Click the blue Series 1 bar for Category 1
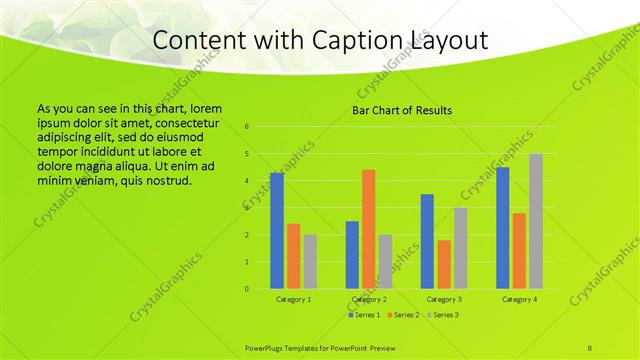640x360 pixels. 277,231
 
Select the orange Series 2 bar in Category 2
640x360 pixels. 368,229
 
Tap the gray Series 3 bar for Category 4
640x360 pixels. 536,221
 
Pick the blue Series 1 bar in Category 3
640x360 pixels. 427,241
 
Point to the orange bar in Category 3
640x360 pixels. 443,264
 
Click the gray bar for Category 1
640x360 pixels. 310,262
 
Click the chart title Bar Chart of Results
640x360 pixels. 401,110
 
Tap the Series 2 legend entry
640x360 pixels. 402,315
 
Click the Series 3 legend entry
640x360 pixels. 440,315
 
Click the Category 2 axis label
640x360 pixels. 368,299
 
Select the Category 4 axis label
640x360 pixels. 519,299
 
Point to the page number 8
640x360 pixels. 590,347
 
